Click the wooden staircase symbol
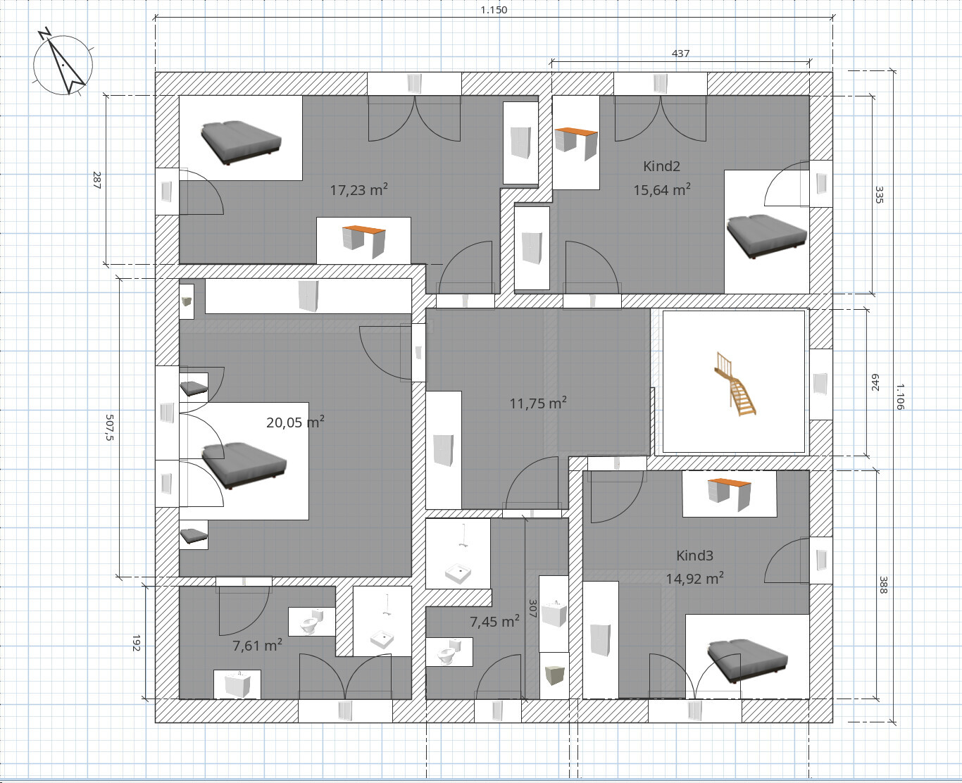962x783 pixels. coord(735,384)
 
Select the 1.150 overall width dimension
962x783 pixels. coord(494,10)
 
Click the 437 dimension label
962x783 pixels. coord(680,54)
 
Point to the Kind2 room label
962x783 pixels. coord(662,166)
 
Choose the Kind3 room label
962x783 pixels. coord(694,556)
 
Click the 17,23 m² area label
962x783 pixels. coord(358,189)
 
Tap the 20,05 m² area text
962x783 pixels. coord(295,422)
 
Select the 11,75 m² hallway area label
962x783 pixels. coord(538,403)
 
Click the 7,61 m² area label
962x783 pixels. coord(258,645)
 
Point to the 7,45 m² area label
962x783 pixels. coord(494,621)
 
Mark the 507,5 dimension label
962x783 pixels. coord(109,427)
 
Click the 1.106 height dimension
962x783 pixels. coord(899,396)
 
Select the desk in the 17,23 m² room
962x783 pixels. coord(364,241)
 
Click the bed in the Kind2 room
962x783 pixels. coord(766,236)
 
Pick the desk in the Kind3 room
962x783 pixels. coord(730,494)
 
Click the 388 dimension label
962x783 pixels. coord(883,584)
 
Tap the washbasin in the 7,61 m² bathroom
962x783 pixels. coord(237,684)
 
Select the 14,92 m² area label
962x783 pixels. coord(694,578)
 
